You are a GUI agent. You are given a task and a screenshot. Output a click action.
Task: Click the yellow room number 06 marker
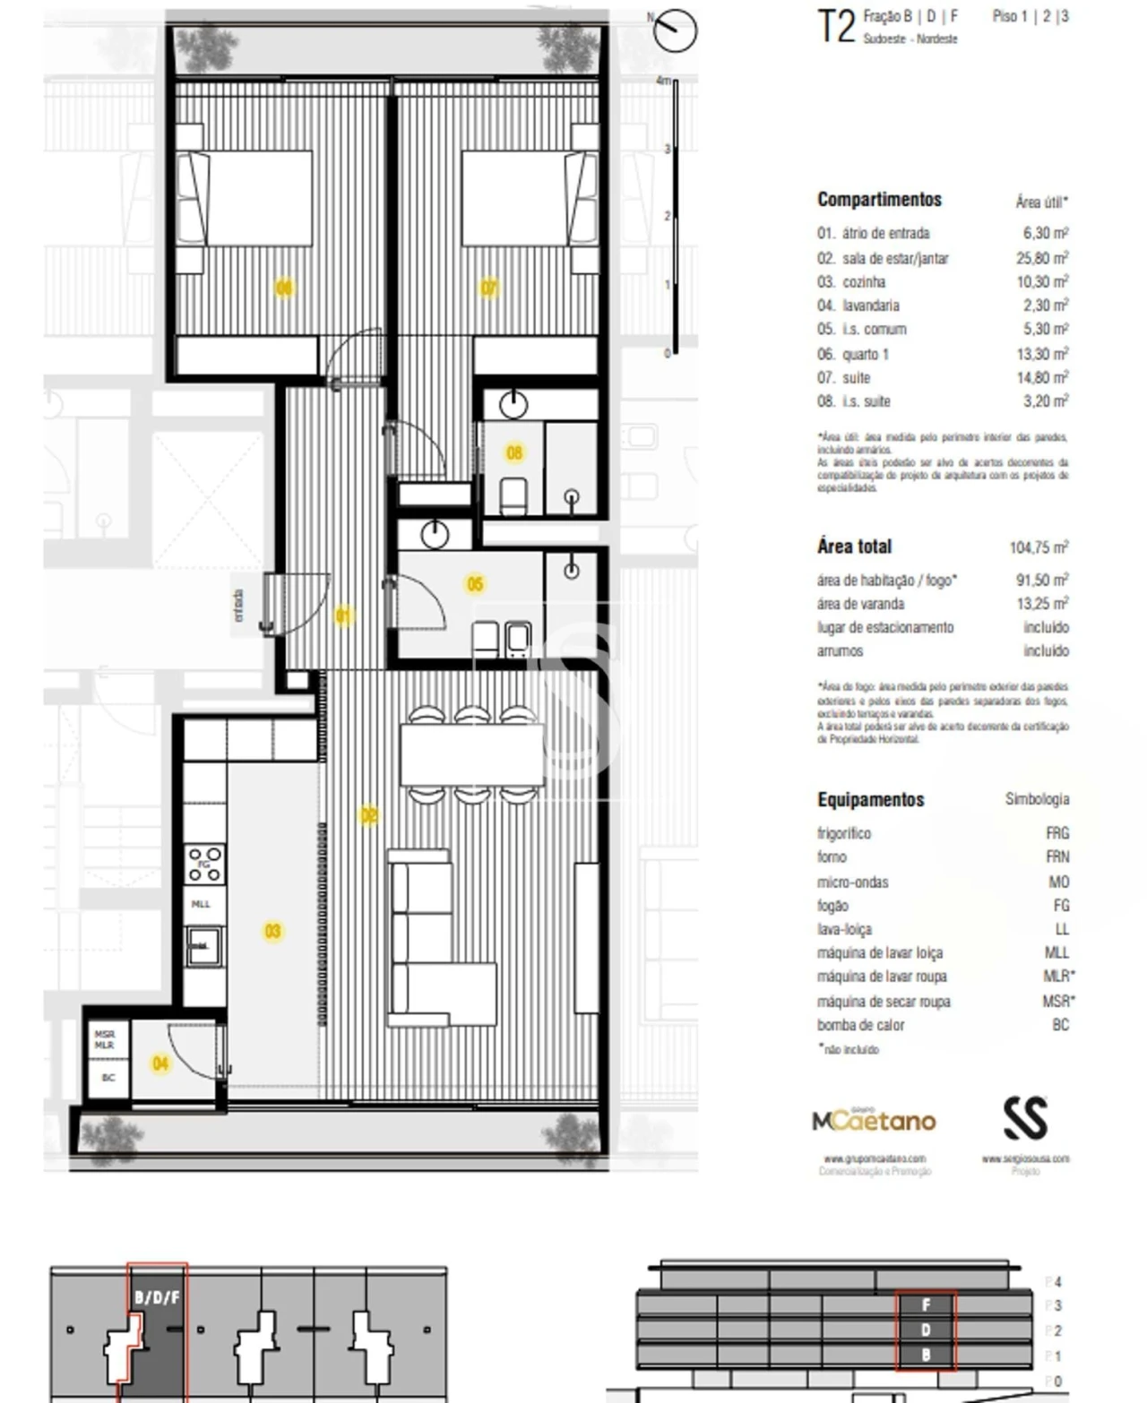click(x=284, y=288)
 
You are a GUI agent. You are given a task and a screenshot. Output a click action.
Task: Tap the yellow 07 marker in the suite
click(x=489, y=288)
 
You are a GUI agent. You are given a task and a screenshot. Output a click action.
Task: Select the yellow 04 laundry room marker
click(x=160, y=1063)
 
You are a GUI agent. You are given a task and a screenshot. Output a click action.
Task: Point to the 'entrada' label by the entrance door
click(x=238, y=606)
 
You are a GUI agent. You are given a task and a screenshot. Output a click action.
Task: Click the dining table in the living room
click(x=471, y=755)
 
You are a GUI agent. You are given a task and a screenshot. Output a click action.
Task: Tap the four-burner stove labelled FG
click(x=204, y=864)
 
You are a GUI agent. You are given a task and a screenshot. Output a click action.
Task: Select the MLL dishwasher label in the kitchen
click(x=202, y=904)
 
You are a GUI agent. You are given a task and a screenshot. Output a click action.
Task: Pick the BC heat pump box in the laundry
click(x=108, y=1078)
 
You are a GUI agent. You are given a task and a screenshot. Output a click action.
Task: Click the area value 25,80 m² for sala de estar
click(x=1041, y=258)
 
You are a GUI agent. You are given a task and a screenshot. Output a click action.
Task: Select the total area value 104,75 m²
click(x=1038, y=547)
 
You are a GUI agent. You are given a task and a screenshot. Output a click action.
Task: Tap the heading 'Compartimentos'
click(x=879, y=200)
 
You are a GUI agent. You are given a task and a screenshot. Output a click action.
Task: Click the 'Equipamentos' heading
click(x=870, y=799)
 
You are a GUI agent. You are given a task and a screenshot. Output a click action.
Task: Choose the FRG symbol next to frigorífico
click(x=1056, y=833)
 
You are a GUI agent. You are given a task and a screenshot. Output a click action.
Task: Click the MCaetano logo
click(x=874, y=1120)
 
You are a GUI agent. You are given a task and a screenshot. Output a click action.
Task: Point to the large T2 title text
click(x=836, y=27)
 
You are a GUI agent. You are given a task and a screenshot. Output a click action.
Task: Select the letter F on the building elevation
click(x=927, y=1305)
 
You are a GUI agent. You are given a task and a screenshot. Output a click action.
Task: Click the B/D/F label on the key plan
click(x=157, y=1296)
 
